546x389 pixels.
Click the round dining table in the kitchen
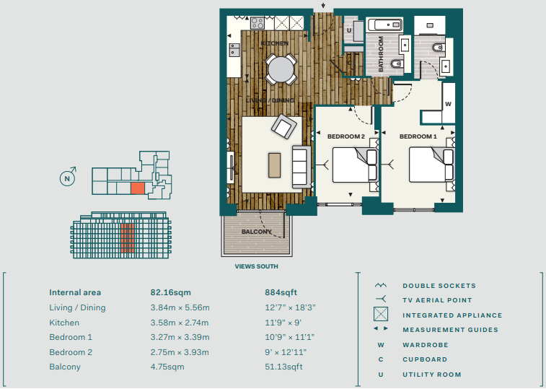[280, 69]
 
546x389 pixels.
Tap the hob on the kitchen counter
[257, 23]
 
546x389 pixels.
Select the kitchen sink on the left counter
[234, 50]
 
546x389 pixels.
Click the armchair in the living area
[284, 126]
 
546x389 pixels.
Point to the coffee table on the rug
[274, 165]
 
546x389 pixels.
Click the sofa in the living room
[301, 167]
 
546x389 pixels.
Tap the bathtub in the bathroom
[384, 25]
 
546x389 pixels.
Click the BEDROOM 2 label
[345, 136]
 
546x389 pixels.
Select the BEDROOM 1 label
[418, 136]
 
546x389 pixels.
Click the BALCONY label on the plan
[256, 232]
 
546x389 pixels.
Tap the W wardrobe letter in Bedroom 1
[448, 103]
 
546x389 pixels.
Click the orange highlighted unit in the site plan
[138, 188]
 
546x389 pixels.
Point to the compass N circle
[67, 179]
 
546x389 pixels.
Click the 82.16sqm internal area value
[171, 292]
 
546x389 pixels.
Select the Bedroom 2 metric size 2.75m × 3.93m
[180, 352]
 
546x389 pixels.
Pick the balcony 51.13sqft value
[283, 367]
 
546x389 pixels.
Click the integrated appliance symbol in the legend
[381, 314]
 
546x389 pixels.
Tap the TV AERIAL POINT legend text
[437, 300]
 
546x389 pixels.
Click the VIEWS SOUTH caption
[256, 266]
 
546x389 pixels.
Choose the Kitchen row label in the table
[64, 323]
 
